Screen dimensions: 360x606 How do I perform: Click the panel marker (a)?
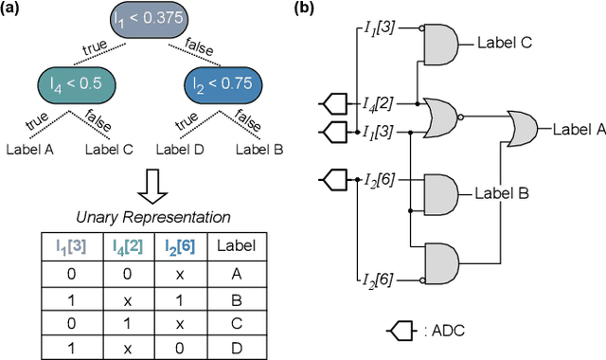coord(12,9)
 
